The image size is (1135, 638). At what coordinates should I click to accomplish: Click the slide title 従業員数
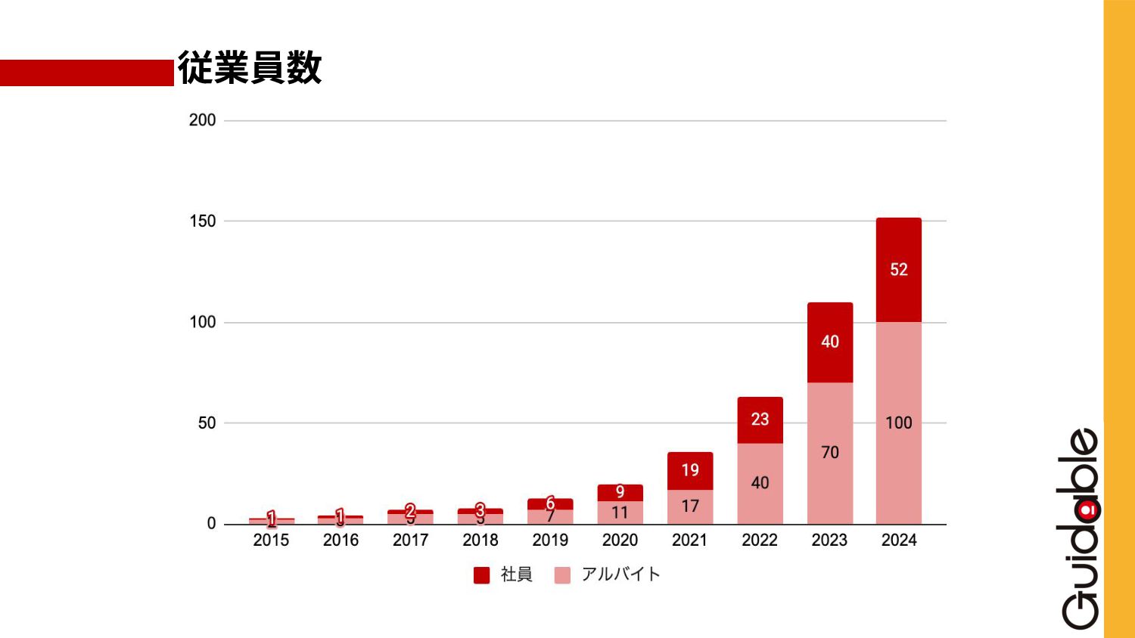tap(250, 68)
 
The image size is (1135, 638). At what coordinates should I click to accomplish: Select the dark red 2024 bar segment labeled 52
tap(898, 270)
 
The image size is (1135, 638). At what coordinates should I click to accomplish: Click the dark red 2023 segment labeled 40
tap(829, 342)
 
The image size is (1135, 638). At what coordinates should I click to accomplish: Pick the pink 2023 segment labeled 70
tap(829, 452)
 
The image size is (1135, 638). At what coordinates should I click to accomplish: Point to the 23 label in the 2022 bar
tap(760, 420)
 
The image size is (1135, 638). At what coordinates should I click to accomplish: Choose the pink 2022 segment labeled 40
tap(760, 482)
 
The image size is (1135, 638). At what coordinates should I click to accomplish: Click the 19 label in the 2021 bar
tap(690, 470)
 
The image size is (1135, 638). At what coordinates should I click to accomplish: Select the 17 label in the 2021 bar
tap(690, 506)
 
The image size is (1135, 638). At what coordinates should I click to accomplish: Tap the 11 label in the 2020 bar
tap(620, 513)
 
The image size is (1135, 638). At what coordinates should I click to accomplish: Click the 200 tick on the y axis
tap(202, 120)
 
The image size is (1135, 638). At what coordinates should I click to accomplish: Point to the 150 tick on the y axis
tap(202, 221)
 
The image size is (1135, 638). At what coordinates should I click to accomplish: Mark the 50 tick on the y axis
tap(207, 423)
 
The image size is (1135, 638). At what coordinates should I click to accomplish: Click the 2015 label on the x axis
tap(271, 540)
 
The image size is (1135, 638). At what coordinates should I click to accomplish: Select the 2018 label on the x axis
tap(480, 540)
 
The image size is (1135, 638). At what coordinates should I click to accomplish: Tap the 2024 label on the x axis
tap(899, 540)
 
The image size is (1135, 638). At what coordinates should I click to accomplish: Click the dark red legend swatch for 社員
tap(481, 575)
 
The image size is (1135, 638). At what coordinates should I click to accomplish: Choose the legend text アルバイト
tap(620, 575)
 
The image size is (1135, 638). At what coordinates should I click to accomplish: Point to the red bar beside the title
tap(86, 73)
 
